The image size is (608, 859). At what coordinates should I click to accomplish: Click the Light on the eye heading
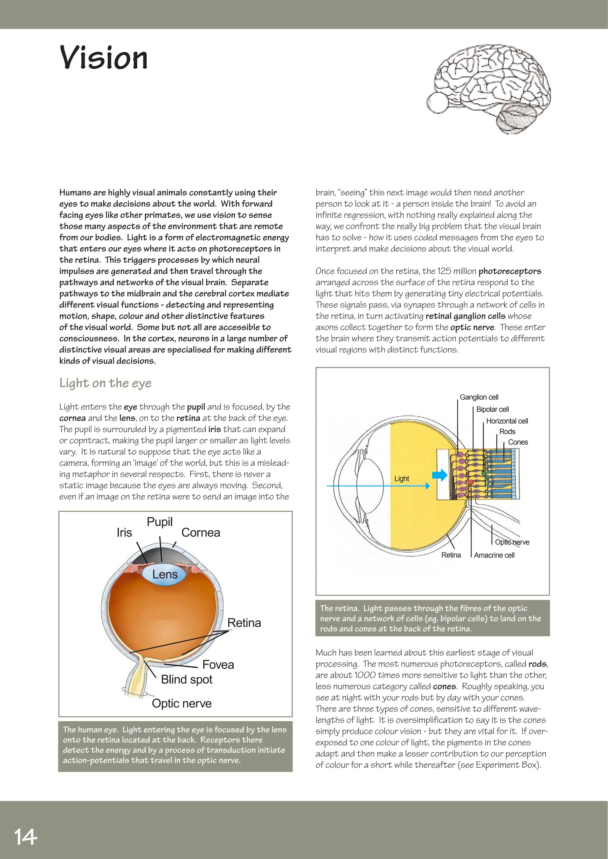[x=105, y=383]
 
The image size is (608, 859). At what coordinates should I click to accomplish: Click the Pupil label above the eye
[x=159, y=522]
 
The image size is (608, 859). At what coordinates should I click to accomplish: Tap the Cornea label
[x=201, y=532]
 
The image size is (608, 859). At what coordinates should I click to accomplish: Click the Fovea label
[x=218, y=665]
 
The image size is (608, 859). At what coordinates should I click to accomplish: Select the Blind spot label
[x=186, y=679]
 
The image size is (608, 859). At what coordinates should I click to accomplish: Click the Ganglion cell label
[x=479, y=397]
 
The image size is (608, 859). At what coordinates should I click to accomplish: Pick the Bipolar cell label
[x=492, y=409]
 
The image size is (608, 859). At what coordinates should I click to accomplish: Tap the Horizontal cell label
[x=507, y=421]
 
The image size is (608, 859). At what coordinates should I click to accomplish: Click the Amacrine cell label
[x=494, y=555]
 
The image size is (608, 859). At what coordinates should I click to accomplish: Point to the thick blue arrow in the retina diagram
[x=440, y=475]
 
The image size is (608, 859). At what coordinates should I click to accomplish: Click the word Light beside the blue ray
[x=401, y=479]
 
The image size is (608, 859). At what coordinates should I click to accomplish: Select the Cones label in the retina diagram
[x=518, y=442]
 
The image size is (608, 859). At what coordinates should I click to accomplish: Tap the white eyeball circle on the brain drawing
[x=437, y=103]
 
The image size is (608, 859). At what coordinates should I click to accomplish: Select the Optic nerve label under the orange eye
[x=182, y=703]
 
